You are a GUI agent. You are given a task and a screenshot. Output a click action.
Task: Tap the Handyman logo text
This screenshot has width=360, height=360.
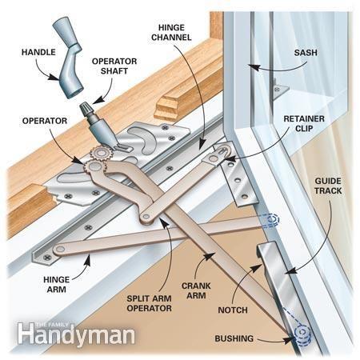pyautogui.click(x=77, y=334)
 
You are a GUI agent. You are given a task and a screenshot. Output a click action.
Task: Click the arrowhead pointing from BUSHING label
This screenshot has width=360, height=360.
pyautogui.click(x=288, y=338)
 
